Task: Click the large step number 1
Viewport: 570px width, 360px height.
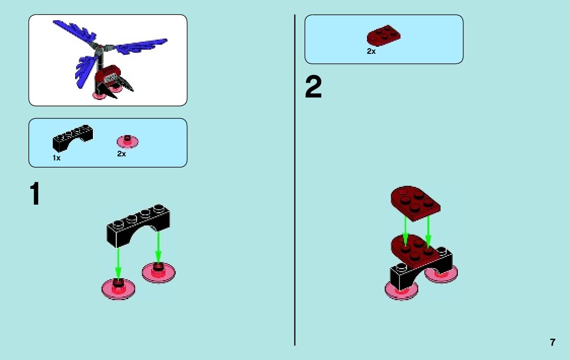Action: pyautogui.click(x=35, y=195)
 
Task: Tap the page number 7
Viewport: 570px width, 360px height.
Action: pyautogui.click(x=552, y=342)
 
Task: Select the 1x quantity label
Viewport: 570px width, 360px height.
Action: pyautogui.click(x=56, y=158)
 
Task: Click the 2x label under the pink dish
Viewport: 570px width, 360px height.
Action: pyautogui.click(x=121, y=154)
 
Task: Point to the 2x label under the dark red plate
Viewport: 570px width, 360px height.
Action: pyautogui.click(x=371, y=51)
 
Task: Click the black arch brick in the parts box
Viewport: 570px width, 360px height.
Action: pyautogui.click(x=72, y=137)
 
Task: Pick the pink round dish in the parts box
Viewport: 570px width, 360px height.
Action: pyautogui.click(x=128, y=141)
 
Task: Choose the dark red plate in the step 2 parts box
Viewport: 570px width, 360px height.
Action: pyautogui.click(x=383, y=36)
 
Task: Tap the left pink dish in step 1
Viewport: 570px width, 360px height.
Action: pyautogui.click(x=119, y=288)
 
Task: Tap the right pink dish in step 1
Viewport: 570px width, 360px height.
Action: pyautogui.click(x=158, y=272)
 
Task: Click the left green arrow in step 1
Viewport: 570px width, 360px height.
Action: pyautogui.click(x=118, y=263)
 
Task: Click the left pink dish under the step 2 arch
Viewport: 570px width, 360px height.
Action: pyautogui.click(x=401, y=291)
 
